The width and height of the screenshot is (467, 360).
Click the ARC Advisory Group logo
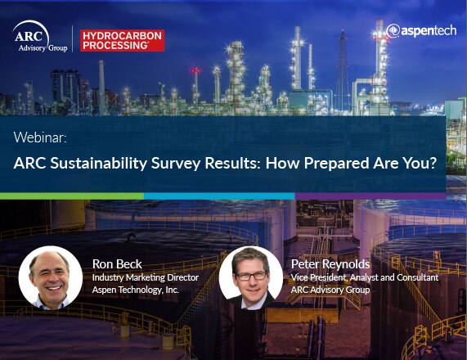point(40,37)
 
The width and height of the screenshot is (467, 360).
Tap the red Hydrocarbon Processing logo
point(122,41)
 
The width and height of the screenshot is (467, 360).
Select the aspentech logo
point(421,31)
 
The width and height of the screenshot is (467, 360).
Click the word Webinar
point(40,137)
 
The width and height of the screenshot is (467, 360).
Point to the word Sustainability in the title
point(99,164)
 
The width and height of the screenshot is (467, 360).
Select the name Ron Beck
point(117,264)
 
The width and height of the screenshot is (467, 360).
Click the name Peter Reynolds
point(330,264)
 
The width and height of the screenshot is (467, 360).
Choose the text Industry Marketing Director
point(146,277)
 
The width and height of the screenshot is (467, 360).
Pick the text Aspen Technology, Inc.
point(136,290)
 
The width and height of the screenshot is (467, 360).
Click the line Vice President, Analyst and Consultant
point(365,277)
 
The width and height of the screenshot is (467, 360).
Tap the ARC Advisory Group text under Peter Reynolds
point(330,290)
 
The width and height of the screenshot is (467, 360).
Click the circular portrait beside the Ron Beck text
point(51,277)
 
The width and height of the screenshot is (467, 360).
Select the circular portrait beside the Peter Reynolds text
point(251,277)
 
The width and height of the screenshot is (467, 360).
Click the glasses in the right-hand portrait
point(251,276)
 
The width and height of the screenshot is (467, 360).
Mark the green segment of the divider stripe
point(72,196)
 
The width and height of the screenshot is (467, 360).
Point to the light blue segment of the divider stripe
point(219,196)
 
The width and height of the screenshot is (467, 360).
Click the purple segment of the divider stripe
point(370,196)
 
